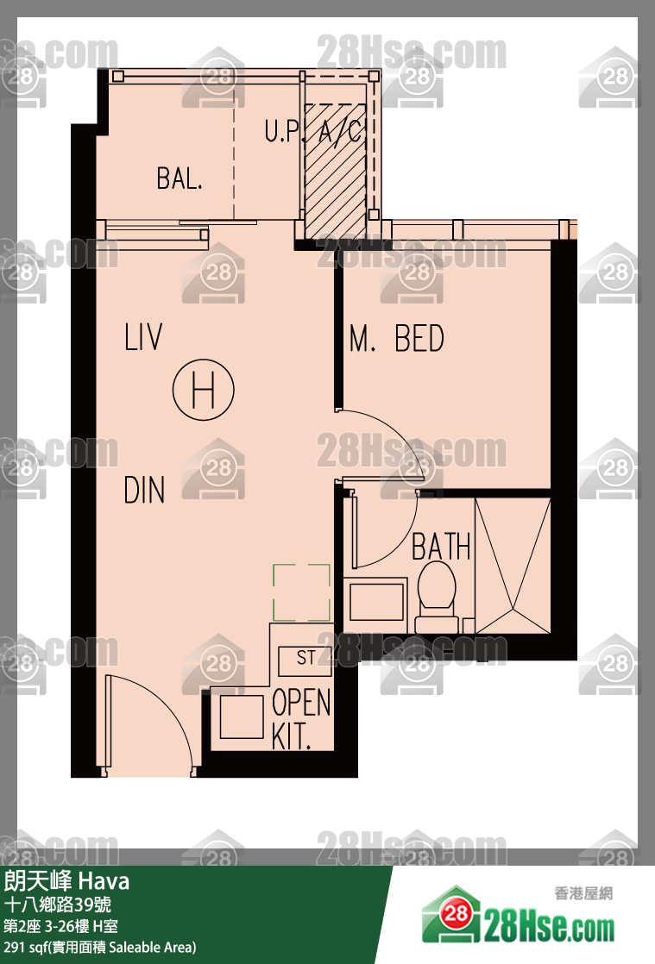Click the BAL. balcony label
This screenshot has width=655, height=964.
[179, 178]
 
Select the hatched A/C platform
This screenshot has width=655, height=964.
[335, 171]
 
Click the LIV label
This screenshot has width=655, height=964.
[144, 337]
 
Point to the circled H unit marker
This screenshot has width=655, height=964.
[204, 390]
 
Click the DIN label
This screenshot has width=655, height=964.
[144, 490]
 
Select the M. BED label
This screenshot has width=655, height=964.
[397, 338]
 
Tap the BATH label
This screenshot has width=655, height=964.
[441, 546]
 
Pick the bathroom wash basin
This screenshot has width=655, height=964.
[376, 602]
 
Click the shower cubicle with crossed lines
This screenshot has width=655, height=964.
[513, 566]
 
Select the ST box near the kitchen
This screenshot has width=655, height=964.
[305, 660]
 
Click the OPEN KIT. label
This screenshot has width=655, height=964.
[301, 719]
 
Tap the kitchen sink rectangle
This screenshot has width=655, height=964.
[242, 717]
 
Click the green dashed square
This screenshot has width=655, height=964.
[301, 592]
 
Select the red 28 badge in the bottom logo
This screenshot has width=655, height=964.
[457, 913]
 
